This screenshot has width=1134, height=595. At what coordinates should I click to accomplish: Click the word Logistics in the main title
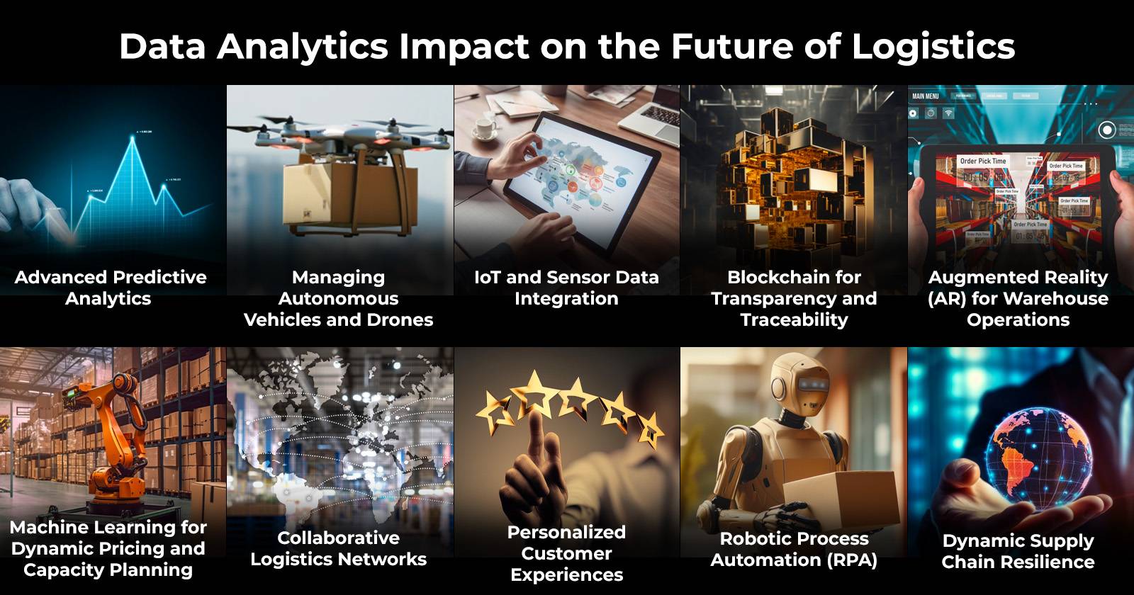click(x=933, y=47)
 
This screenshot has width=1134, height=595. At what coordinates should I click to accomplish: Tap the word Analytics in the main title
click(x=303, y=47)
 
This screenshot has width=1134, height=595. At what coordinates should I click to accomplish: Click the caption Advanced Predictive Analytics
click(x=110, y=288)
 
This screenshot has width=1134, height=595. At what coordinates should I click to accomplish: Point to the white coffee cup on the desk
click(x=485, y=127)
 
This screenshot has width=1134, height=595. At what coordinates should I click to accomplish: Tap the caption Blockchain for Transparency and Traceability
click(x=794, y=298)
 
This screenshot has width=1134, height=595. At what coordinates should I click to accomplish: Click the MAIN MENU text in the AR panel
click(x=926, y=96)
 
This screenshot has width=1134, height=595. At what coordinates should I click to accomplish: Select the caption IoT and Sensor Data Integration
click(x=566, y=288)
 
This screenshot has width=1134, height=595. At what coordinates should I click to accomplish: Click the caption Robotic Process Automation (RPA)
click(x=794, y=549)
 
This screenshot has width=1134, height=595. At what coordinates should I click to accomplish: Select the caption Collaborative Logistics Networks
click(x=339, y=548)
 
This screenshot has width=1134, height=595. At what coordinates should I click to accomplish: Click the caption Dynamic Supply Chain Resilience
click(x=1018, y=551)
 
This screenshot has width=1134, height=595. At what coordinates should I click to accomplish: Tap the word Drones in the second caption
click(x=400, y=319)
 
